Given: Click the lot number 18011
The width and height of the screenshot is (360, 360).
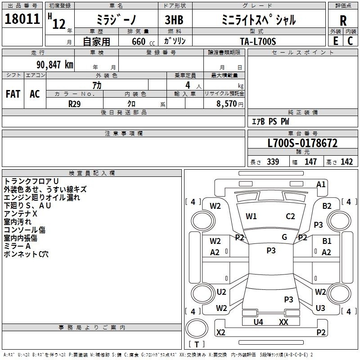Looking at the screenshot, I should pyautogui.click(x=22, y=20).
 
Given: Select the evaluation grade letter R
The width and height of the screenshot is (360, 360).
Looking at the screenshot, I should pyautogui.click(x=343, y=20).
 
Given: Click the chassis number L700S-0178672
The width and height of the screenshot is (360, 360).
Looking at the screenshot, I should pyautogui.click(x=302, y=144).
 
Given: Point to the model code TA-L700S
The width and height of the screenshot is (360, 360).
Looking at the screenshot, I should pyautogui.click(x=258, y=40).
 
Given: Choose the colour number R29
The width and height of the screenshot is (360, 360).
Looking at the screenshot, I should pyautogui.click(x=75, y=103).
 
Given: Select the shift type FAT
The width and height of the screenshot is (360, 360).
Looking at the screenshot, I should pyautogui.click(x=13, y=94).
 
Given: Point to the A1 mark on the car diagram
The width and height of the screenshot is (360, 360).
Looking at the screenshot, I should pyautogui.click(x=321, y=184).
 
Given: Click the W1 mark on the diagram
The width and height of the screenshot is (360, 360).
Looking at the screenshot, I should pyautogui.click(x=251, y=216).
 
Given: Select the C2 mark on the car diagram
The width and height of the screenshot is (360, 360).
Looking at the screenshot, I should pyautogui.click(x=290, y=216).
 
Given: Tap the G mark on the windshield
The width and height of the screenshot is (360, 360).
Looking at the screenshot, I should pyautogui.click(x=284, y=237).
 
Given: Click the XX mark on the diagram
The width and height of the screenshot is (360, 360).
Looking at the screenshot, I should pyautogui.click(x=283, y=322).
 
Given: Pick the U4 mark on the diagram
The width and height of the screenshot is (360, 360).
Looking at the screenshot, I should pyautogui.click(x=258, y=322).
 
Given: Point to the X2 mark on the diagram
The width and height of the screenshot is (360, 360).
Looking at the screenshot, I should pyautogui.click(x=221, y=333).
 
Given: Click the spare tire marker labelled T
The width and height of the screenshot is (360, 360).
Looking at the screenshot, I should pyautogui.click(x=197, y=345).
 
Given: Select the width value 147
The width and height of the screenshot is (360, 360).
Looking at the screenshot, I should pyautogui.click(x=310, y=162).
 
